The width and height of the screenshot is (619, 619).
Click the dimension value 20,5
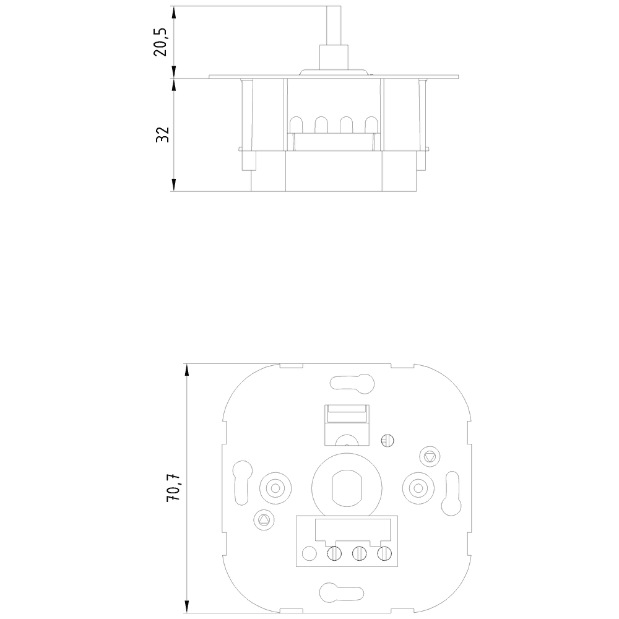click(162, 42)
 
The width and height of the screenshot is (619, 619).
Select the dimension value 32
click(162, 134)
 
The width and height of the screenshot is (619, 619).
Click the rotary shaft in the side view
click(334, 37)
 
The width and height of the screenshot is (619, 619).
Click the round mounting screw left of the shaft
click(273, 487)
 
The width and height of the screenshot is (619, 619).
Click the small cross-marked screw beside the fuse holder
click(389, 440)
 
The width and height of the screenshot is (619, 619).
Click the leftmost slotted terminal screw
click(334, 553)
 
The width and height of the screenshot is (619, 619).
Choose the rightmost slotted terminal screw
click(384, 553)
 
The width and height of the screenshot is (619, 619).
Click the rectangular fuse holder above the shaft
click(347, 422)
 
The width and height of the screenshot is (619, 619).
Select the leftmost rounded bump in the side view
click(296, 125)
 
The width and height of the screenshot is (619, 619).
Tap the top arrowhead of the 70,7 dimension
click(186, 370)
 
